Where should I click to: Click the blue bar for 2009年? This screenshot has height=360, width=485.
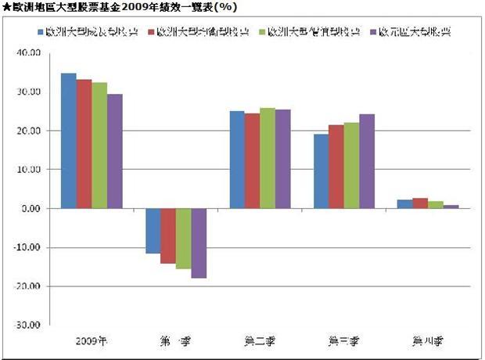[x=68, y=141]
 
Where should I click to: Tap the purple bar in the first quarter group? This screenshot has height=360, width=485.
[x=198, y=243]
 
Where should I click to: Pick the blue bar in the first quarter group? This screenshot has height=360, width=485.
[x=153, y=231]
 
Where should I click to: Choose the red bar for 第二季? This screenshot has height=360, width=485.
[x=252, y=160]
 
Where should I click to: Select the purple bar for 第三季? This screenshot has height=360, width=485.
[x=366, y=161]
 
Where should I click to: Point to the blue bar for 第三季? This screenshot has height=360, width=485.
[x=321, y=171]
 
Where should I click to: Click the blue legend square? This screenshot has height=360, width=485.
[x=40, y=34]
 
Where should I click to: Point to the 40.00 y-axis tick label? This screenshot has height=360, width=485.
[x=31, y=53]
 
